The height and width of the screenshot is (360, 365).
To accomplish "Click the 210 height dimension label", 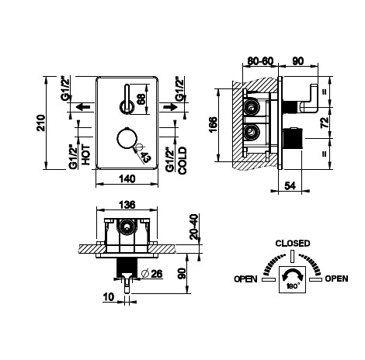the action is (x=41, y=123).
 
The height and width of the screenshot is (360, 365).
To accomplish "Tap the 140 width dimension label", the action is (x=127, y=178).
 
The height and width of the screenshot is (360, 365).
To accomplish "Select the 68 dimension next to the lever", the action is (x=141, y=99).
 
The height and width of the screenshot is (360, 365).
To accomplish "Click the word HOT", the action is (x=86, y=154).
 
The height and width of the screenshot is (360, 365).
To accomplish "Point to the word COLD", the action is (x=182, y=161).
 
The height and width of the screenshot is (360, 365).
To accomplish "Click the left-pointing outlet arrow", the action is (x=83, y=106).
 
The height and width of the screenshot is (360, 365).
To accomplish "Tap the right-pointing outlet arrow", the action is (x=170, y=106).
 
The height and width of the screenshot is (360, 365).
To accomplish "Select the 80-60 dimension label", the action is (x=260, y=61).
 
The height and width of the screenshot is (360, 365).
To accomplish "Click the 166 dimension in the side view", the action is (x=214, y=125).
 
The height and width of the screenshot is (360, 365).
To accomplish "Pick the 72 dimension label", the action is (x=325, y=123).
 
